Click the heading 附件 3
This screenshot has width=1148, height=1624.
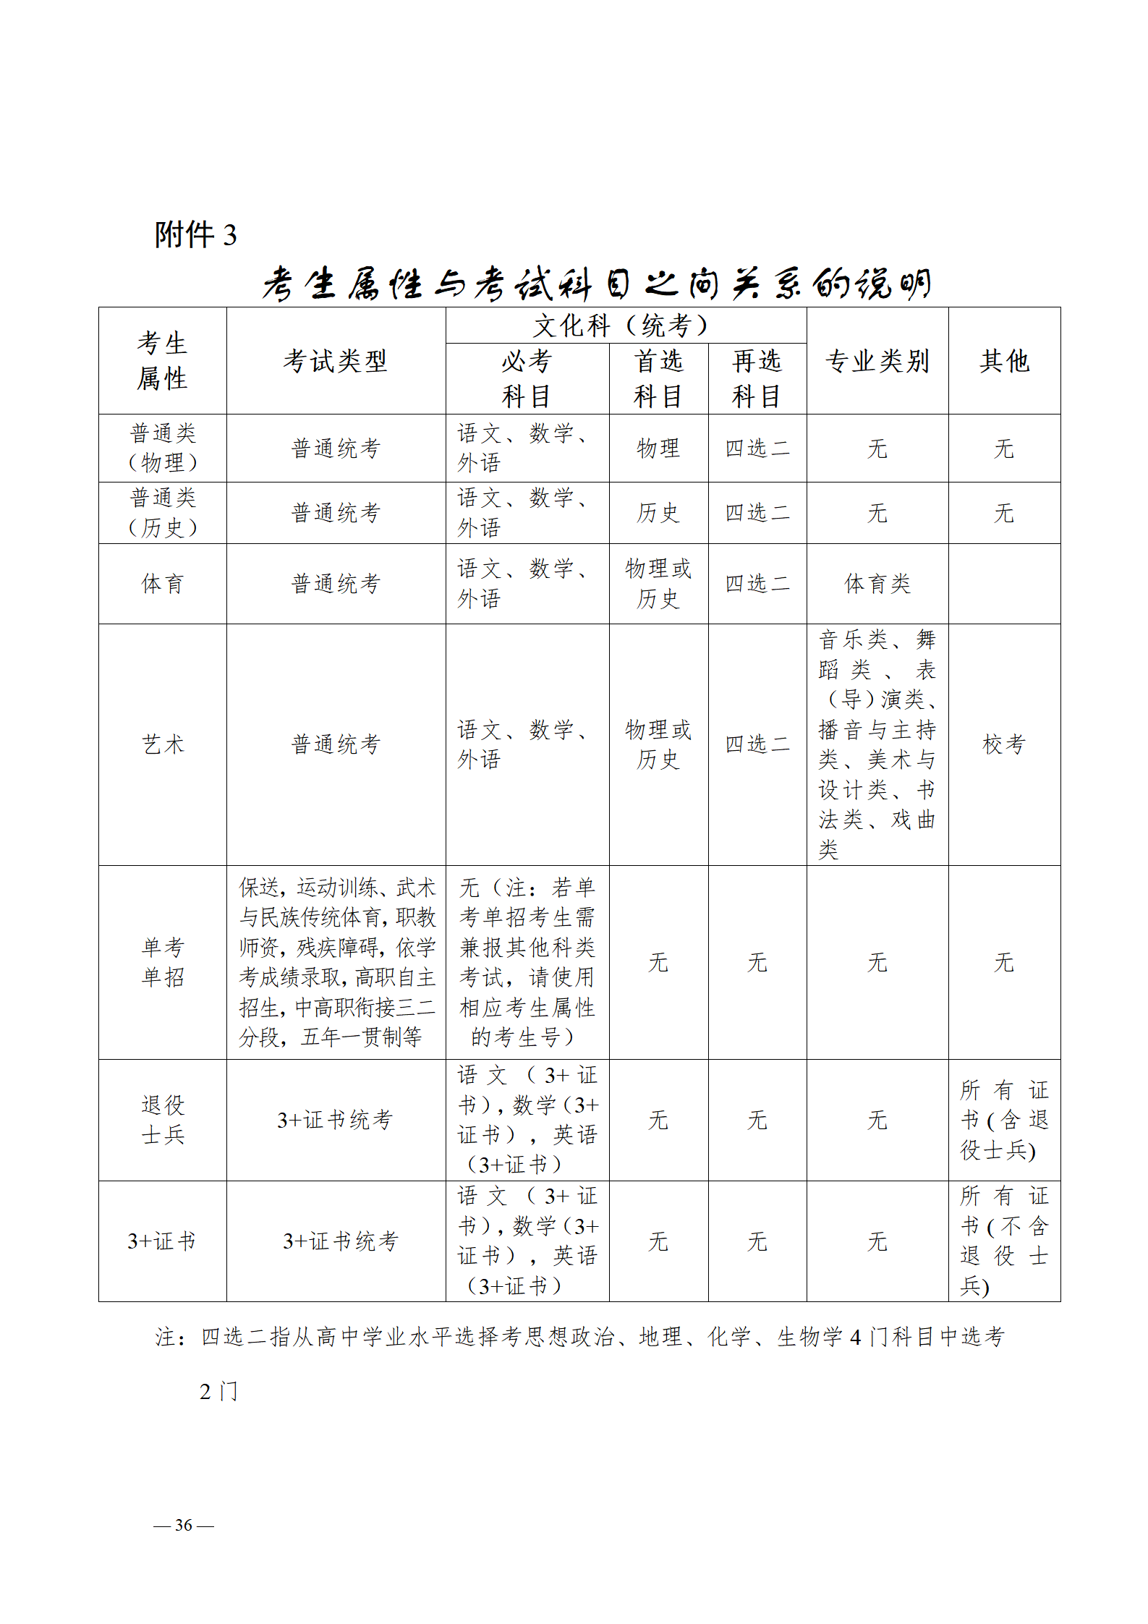click(x=195, y=235)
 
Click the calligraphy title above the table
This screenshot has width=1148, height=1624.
click(x=596, y=284)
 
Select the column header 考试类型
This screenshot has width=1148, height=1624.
click(x=336, y=361)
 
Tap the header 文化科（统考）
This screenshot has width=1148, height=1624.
click(x=625, y=326)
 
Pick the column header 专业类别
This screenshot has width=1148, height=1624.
click(x=877, y=361)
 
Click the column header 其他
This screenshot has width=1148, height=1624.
click(x=1004, y=361)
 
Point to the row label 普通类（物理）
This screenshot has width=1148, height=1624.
click(x=163, y=448)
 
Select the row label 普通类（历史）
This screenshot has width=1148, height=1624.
click(x=163, y=512)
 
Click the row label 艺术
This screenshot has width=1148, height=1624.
click(x=163, y=744)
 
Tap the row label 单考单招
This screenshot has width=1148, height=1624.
click(x=163, y=961)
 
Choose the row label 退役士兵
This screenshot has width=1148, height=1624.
click(x=163, y=1119)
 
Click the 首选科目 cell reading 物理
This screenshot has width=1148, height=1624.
click(x=658, y=448)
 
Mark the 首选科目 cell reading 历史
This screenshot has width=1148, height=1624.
click(x=658, y=513)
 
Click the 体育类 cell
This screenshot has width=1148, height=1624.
click(x=877, y=583)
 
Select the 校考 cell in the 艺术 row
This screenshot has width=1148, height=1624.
click(x=1004, y=744)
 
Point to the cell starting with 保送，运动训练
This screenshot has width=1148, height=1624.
click(x=336, y=961)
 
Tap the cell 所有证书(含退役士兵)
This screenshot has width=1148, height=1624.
click(x=1004, y=1120)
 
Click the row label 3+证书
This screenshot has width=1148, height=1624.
click(x=162, y=1241)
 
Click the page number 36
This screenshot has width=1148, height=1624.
click(x=184, y=1525)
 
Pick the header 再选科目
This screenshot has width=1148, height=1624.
click(x=757, y=378)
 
